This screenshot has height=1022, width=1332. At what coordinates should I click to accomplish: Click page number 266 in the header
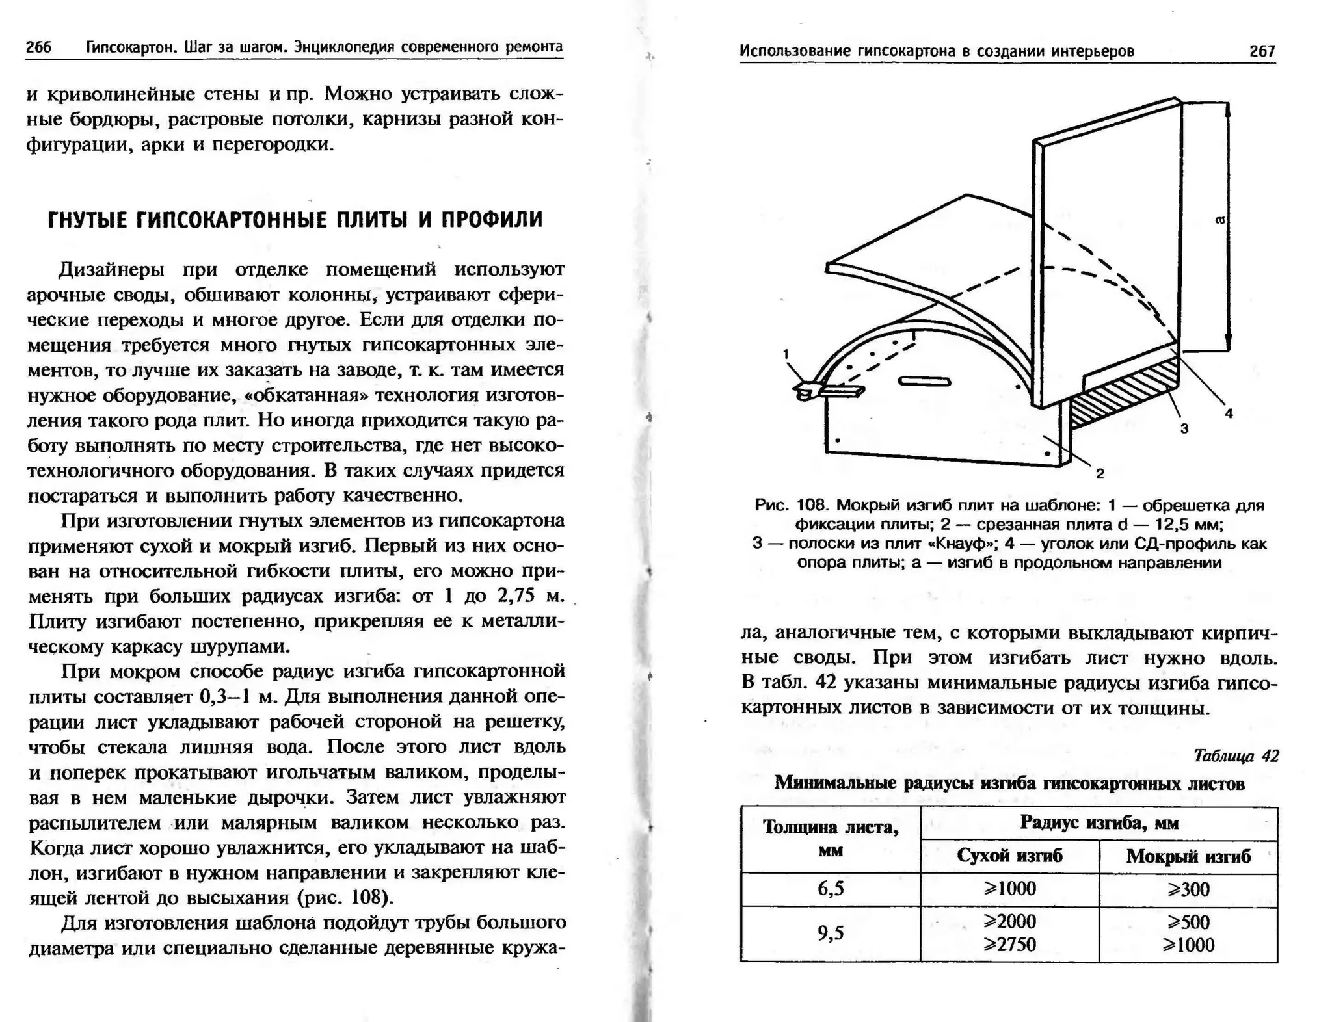click(38, 47)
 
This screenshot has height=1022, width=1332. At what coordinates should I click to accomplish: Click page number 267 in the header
click(1262, 51)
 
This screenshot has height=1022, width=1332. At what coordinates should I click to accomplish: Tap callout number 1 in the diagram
click(786, 354)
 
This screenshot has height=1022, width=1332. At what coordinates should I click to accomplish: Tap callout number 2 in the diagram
click(1100, 474)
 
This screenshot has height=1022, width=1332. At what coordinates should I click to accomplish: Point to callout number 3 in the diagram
click(1184, 428)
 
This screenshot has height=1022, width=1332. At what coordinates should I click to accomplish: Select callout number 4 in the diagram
click(1229, 413)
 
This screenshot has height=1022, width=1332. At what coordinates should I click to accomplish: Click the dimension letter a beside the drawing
click(1220, 220)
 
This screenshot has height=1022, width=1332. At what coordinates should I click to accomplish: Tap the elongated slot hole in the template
click(924, 382)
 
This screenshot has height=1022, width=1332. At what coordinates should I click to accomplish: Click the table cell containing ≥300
click(1188, 889)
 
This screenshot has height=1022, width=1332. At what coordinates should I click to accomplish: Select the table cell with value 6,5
click(831, 888)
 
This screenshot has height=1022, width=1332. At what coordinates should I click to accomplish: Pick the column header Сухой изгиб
click(1009, 856)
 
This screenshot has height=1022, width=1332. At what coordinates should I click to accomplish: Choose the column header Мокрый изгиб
click(1188, 856)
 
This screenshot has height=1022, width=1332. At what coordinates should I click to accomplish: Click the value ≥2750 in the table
click(1009, 944)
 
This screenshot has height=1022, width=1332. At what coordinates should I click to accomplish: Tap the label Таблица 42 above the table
click(1236, 755)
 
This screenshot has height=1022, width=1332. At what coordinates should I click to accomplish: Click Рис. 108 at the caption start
click(791, 505)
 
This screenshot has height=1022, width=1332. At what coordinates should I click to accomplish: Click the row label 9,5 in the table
click(831, 934)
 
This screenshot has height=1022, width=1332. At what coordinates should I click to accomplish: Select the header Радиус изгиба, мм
click(1099, 823)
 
